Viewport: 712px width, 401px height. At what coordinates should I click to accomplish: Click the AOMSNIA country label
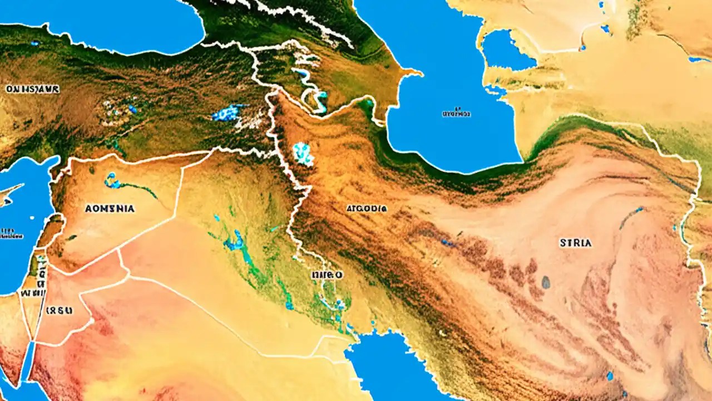110,208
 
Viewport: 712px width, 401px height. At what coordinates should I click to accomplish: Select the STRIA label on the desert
575,243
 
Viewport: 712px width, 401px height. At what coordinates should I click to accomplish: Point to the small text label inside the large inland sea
456,112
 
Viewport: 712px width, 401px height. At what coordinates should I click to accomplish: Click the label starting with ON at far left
32,89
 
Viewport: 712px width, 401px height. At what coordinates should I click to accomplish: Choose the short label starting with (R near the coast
59,310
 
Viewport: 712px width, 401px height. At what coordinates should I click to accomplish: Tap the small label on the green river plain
327,275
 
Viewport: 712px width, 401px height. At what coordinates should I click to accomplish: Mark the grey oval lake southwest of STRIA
546,282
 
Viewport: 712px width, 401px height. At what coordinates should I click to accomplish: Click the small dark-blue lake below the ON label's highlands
132,109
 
